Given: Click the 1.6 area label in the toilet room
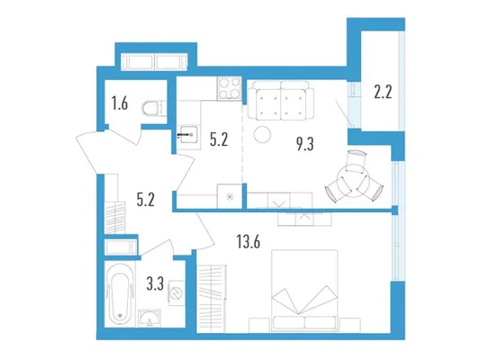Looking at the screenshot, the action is [120, 103].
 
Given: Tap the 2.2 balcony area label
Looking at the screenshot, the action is [383, 92].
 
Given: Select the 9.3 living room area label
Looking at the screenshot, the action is [305, 143].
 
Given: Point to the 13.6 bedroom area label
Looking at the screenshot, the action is [249, 241].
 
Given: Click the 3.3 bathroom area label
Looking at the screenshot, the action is [155, 283].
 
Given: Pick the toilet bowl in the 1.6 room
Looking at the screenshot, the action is [154, 108].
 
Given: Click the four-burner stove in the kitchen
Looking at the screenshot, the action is [229, 88].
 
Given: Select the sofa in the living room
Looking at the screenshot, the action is [281, 100].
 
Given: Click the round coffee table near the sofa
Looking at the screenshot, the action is [263, 134].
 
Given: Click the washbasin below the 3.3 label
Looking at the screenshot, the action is [150, 319].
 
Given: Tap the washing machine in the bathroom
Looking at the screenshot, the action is [176, 292].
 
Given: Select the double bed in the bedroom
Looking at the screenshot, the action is [304, 291].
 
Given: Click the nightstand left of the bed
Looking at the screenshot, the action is [259, 325].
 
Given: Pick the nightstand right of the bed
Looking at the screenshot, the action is [350, 325].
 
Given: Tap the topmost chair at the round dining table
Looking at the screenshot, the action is [356, 160].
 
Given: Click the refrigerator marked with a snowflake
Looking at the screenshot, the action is [230, 196].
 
